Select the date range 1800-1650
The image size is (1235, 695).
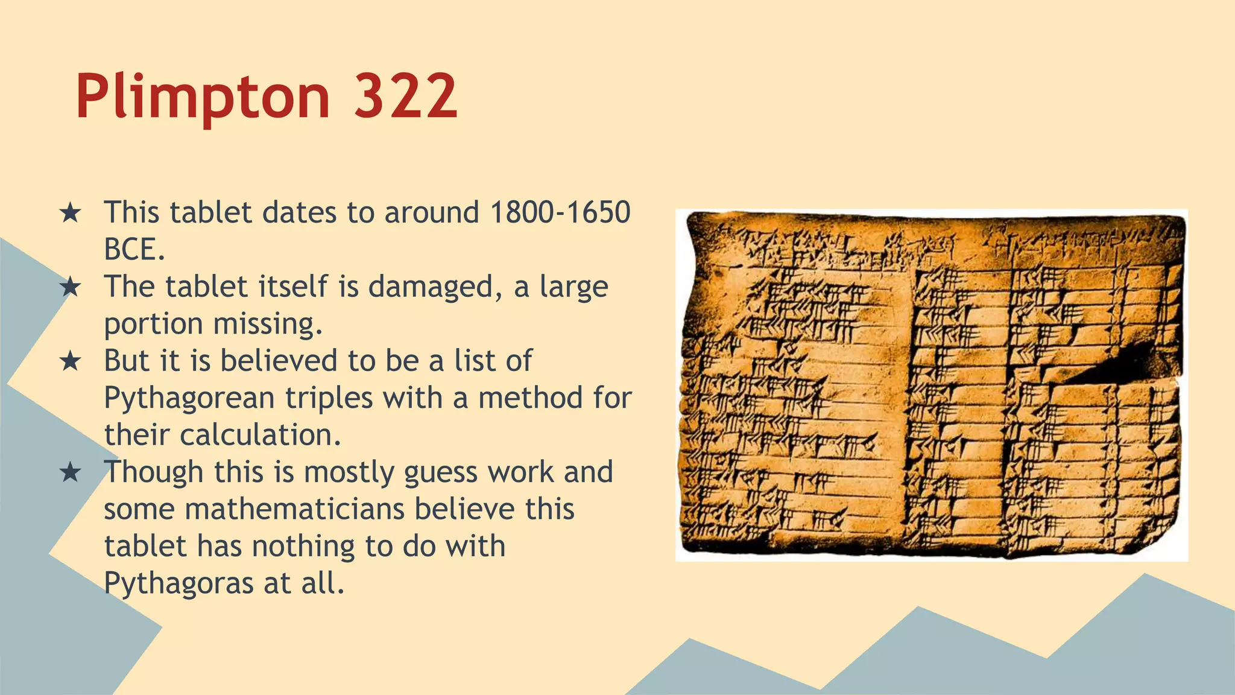[x=560, y=212]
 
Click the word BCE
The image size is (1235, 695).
[x=134, y=249]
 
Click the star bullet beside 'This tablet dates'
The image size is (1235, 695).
[x=71, y=213]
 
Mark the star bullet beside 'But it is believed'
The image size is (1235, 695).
[x=71, y=361]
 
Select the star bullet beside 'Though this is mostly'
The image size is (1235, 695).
[x=71, y=472]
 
